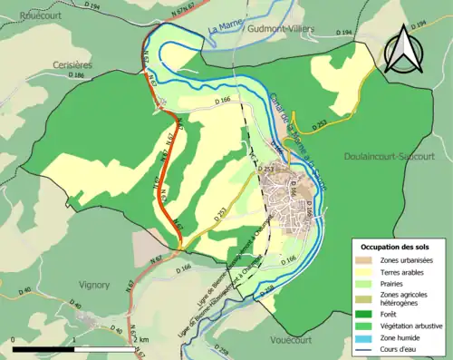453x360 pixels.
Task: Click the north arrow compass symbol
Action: click(403, 50)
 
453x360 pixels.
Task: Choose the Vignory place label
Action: click(93, 284)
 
